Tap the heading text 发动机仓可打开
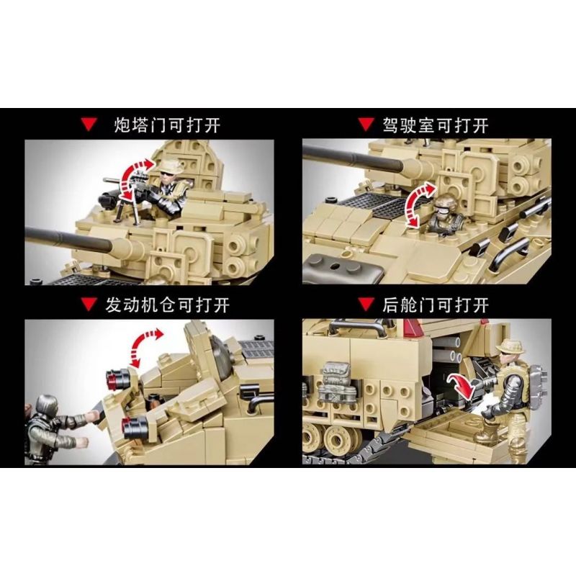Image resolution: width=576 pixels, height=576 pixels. (x=177, y=305)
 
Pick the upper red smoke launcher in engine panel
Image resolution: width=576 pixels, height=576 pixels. (x=120, y=375)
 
